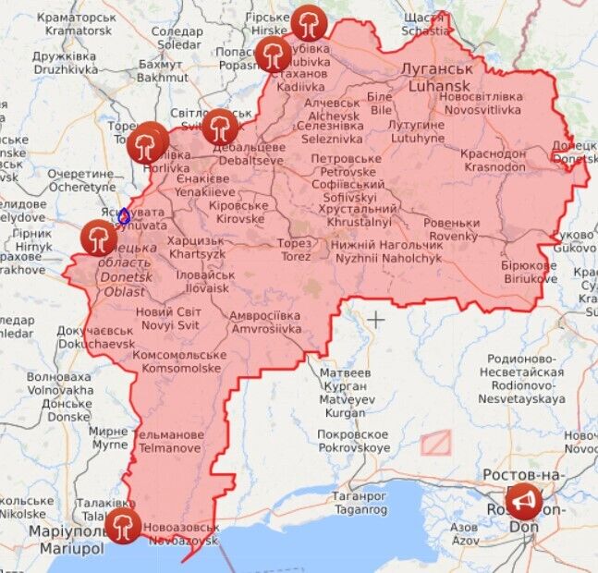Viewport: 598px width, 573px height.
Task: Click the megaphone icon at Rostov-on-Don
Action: point(524,501)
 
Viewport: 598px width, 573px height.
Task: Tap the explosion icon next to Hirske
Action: point(308,22)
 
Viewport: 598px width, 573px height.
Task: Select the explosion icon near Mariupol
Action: point(122,526)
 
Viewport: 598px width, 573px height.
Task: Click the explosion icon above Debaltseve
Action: point(219,127)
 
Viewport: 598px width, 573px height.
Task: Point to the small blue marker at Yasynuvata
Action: point(124,217)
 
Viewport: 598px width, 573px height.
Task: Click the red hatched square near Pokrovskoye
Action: point(435,442)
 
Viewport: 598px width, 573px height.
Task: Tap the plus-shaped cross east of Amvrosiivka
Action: point(376,320)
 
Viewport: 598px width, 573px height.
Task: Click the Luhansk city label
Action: point(438,79)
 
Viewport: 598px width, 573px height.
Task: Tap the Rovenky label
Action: point(452,229)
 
